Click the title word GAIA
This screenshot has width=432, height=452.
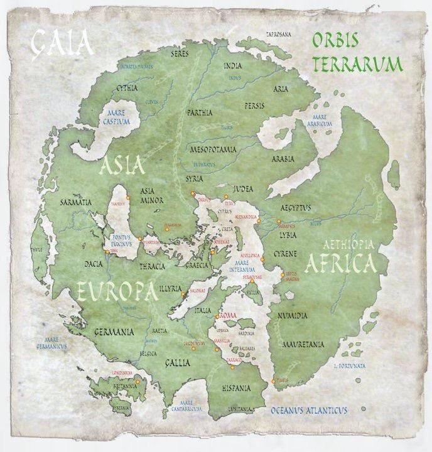(x=63, y=44)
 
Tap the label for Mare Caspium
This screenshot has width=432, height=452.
(x=116, y=117)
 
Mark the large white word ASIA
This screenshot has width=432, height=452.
(x=122, y=166)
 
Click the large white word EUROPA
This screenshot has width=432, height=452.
(x=117, y=291)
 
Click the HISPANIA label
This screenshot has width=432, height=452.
(x=236, y=389)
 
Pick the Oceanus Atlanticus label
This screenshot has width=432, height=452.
(x=309, y=411)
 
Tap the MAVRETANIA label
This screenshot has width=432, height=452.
(x=303, y=345)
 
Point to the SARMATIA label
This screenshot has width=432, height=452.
(x=76, y=203)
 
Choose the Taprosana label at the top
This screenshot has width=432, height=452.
(x=279, y=35)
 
